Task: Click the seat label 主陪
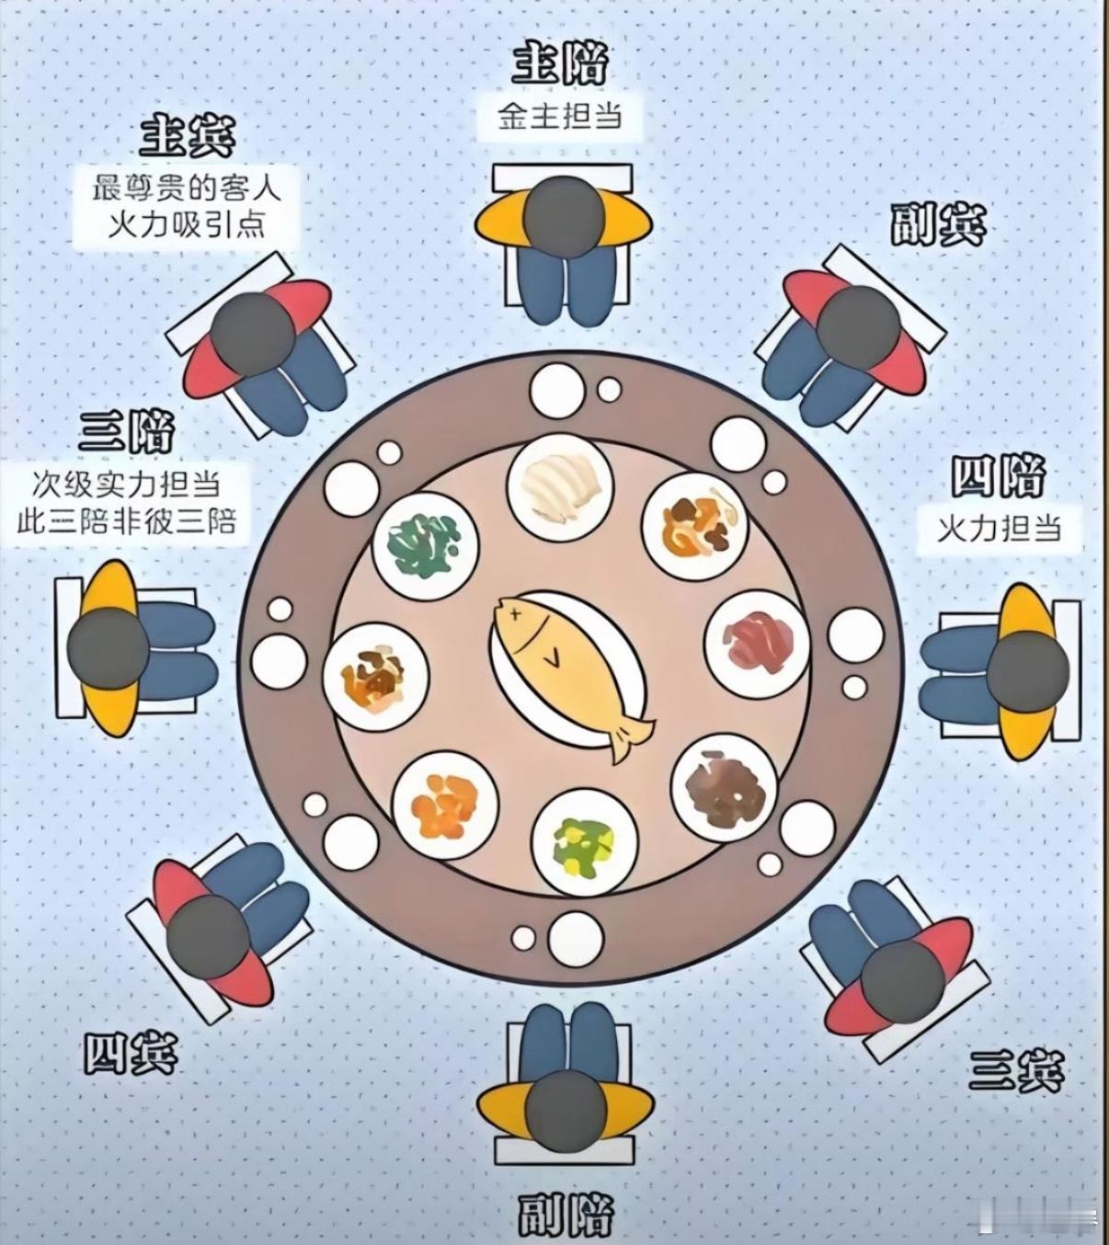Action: [x=560, y=63]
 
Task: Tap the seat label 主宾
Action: [x=188, y=136]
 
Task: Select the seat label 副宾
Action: [x=937, y=223]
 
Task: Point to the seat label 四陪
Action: [x=999, y=478]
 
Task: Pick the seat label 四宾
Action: [x=131, y=1054]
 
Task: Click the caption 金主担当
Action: [x=560, y=117]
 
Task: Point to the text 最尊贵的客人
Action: [x=187, y=188]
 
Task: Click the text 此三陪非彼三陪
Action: [x=127, y=522]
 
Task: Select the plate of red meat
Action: [x=756, y=638]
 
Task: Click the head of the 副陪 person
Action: [x=566, y=1113]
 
